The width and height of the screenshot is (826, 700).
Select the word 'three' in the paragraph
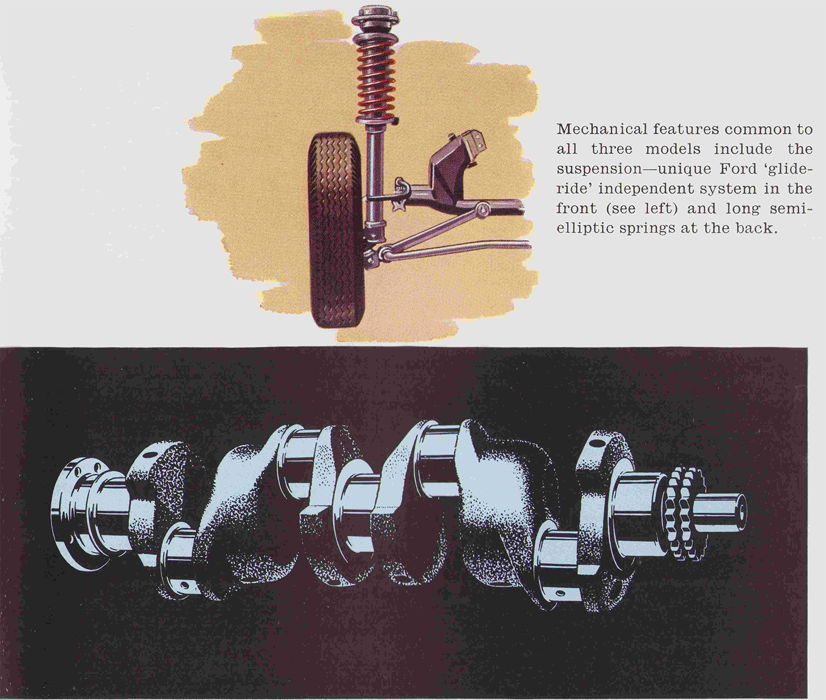pyautogui.click(x=611, y=149)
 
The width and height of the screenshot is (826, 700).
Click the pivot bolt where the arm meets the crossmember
pyautogui.click(x=483, y=209)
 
